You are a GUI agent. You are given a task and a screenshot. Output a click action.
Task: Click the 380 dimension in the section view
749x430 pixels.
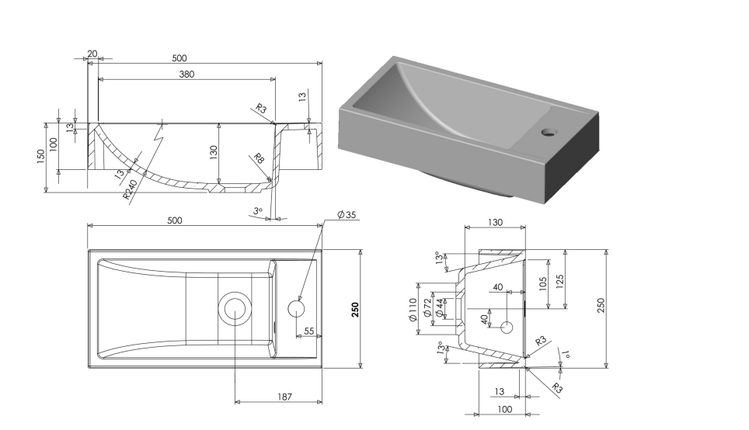[x=186, y=75]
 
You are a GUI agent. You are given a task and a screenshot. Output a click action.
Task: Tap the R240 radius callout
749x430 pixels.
[x=130, y=189]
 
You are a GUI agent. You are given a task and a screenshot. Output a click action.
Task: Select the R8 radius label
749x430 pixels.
[x=260, y=161]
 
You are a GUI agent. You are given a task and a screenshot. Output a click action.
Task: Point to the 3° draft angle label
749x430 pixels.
[x=258, y=210]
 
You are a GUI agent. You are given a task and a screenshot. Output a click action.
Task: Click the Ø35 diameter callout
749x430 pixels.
[x=346, y=215]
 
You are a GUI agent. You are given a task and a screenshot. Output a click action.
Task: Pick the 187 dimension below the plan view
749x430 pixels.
[x=285, y=397]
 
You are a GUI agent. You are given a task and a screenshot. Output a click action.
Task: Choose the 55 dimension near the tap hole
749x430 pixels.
[x=308, y=331]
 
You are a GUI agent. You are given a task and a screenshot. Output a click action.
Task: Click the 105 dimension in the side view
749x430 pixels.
[x=543, y=282]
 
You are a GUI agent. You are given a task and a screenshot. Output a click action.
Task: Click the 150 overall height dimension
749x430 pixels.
[x=40, y=157]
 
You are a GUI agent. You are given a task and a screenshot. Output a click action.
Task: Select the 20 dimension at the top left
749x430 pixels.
[x=92, y=54]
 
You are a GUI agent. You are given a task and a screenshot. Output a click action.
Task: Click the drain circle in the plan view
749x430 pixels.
[x=236, y=308]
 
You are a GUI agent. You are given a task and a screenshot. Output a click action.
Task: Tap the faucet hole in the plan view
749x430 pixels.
[x=296, y=308]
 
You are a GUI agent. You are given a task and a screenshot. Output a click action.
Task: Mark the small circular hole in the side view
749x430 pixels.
[x=507, y=327]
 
